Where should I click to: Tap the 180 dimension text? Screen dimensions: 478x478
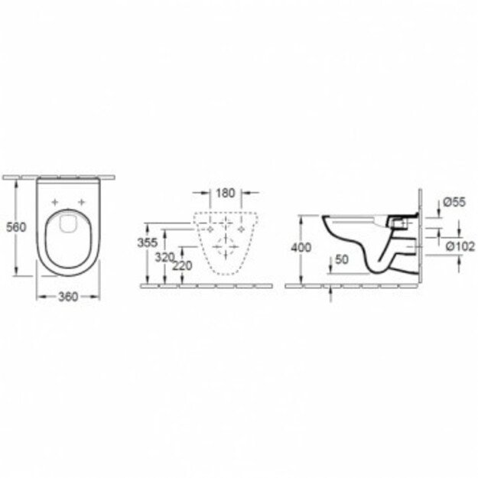pyautogui.click(x=225, y=193)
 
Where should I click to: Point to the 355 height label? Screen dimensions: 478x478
pyautogui.click(x=157, y=242)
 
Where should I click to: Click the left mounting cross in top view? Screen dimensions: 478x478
pyautogui.click(x=54, y=202)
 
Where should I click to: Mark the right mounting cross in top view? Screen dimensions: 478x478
pyautogui.click(x=80, y=202)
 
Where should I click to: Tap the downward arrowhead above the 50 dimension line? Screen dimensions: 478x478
pyautogui.click(x=330, y=268)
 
